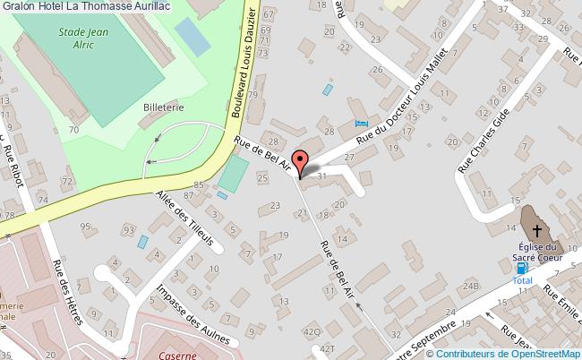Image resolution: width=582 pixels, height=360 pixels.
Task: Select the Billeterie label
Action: (163, 106)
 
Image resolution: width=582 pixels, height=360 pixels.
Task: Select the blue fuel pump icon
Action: (522, 268)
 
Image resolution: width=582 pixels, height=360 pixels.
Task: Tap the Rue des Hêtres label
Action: (67, 291)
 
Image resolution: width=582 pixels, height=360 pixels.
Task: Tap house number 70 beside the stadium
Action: (73, 131)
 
